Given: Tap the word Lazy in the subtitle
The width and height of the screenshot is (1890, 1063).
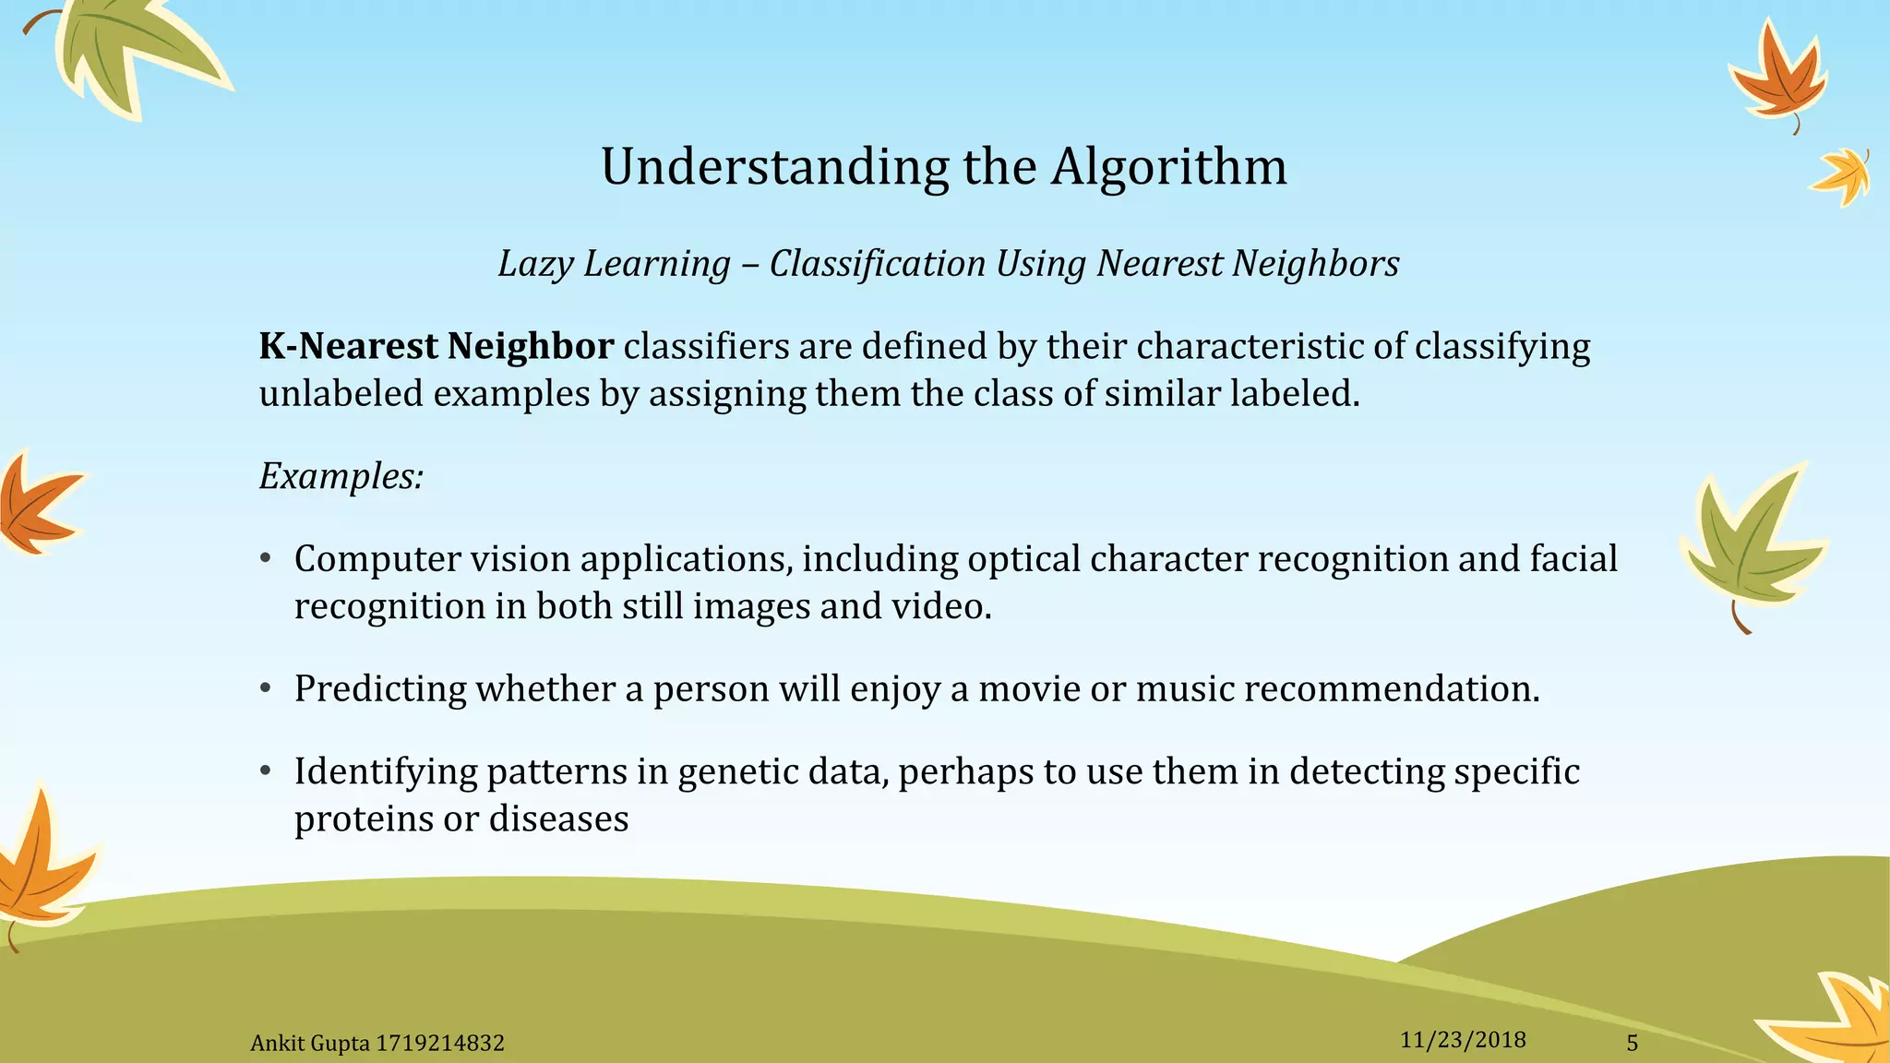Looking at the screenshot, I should (x=535, y=264).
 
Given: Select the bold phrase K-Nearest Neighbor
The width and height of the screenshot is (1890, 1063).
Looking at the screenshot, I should (x=436, y=347).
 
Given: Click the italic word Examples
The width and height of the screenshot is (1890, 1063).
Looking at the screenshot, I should (x=341, y=477).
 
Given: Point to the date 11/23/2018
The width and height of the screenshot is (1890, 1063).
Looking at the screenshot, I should (x=1463, y=1040).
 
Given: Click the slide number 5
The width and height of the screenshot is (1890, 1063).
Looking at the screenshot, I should (x=1632, y=1043).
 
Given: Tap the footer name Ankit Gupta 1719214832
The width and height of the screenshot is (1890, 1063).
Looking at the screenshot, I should (x=377, y=1044).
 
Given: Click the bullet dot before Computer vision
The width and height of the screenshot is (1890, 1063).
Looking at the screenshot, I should (x=266, y=559).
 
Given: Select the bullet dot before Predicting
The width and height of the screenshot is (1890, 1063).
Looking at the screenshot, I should (x=266, y=689).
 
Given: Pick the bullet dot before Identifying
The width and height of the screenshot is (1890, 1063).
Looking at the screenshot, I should (x=266, y=771).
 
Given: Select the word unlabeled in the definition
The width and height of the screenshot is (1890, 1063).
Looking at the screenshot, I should (x=341, y=394).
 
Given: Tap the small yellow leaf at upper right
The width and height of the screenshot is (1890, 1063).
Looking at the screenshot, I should (x=1842, y=175).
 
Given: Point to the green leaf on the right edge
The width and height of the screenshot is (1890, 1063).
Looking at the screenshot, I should (x=1749, y=544).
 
